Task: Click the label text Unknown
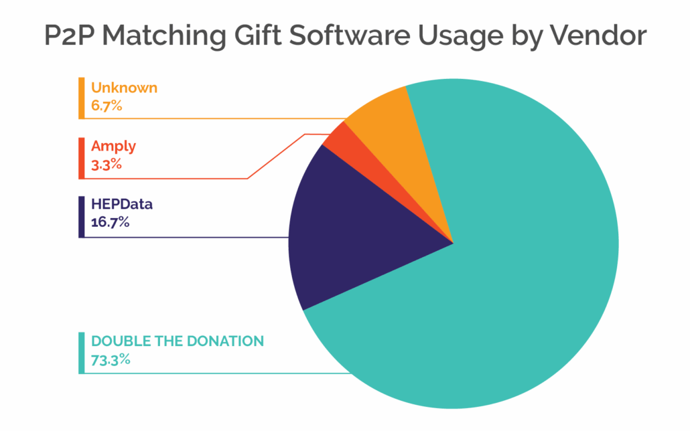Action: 124,88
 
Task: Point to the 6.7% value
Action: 107,105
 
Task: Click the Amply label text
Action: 115,146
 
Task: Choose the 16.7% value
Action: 110,222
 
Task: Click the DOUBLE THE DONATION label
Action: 178,341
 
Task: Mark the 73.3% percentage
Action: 111,359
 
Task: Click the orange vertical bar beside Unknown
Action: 81,98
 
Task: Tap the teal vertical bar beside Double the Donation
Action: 81,352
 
